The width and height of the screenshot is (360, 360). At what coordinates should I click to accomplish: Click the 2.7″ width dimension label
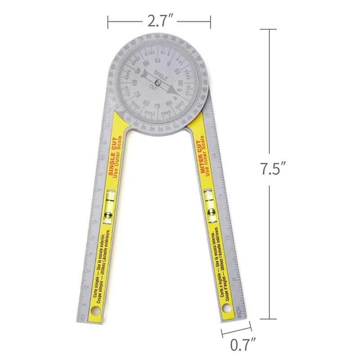(159, 20)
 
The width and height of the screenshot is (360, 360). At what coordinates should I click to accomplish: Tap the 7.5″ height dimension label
(272, 169)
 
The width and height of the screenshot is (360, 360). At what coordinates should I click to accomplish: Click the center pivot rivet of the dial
(157, 82)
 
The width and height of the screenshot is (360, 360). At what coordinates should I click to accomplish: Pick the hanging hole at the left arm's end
(95, 312)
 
